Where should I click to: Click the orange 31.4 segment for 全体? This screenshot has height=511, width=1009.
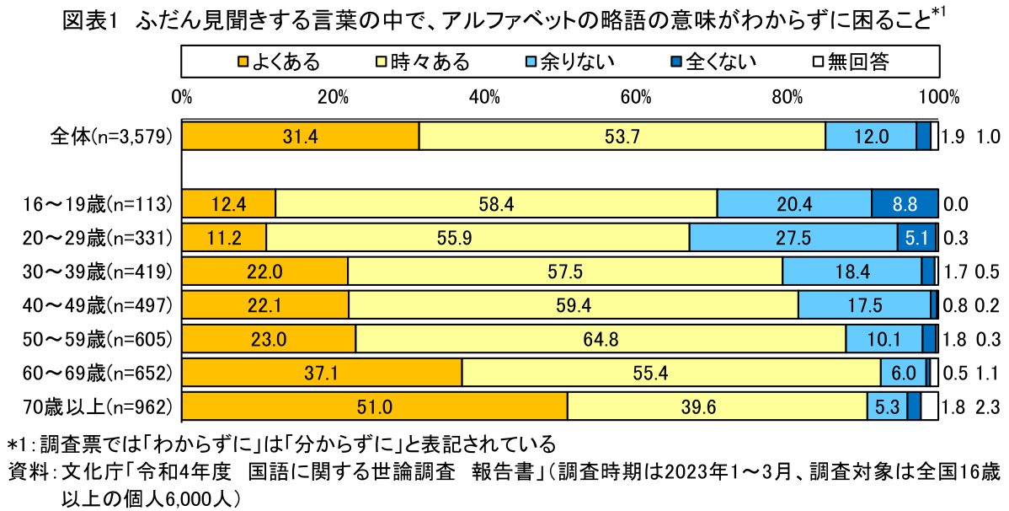(301, 137)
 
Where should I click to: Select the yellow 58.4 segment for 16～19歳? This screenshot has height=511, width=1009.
(496, 204)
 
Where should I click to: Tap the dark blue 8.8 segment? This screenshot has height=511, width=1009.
(904, 204)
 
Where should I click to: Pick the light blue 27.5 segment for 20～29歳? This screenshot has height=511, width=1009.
(793, 238)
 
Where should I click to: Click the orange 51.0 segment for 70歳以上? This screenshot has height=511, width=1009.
(375, 406)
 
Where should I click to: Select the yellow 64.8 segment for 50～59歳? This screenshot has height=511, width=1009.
(601, 339)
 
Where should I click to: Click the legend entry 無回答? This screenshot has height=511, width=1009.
(850, 61)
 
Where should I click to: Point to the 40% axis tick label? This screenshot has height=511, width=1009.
(484, 96)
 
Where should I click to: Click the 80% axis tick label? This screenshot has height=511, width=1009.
(787, 96)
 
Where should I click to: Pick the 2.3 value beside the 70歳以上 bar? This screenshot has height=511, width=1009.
(987, 406)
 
